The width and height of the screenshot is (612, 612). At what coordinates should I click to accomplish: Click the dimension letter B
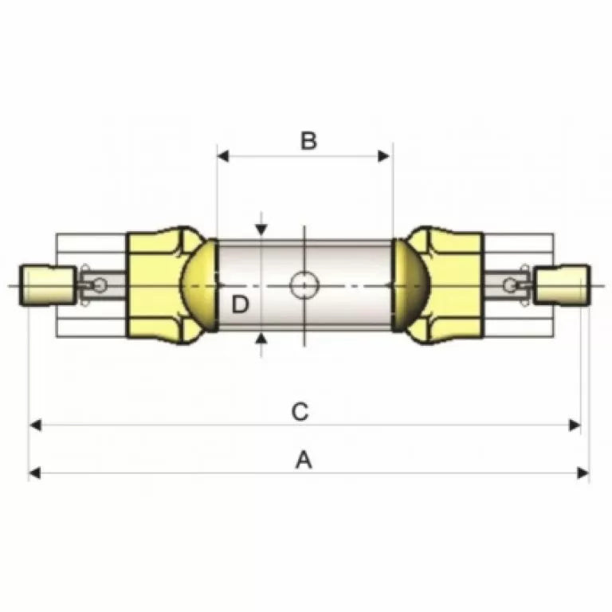coord(308,140)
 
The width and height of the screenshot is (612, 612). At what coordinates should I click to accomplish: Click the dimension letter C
coord(300,411)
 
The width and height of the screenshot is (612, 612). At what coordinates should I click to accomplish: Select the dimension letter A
coord(304,459)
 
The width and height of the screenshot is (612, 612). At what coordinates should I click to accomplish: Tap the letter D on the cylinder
coord(240,304)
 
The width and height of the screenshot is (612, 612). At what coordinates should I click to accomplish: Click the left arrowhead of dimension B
coord(223,156)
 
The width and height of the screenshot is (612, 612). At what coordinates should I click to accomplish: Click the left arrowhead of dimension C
coord(36,425)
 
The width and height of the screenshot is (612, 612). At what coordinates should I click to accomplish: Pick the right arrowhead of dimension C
coord(575,425)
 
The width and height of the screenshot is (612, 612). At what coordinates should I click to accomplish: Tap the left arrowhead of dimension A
coord(35,473)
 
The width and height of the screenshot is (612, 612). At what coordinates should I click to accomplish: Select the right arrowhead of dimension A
coord(583,473)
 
